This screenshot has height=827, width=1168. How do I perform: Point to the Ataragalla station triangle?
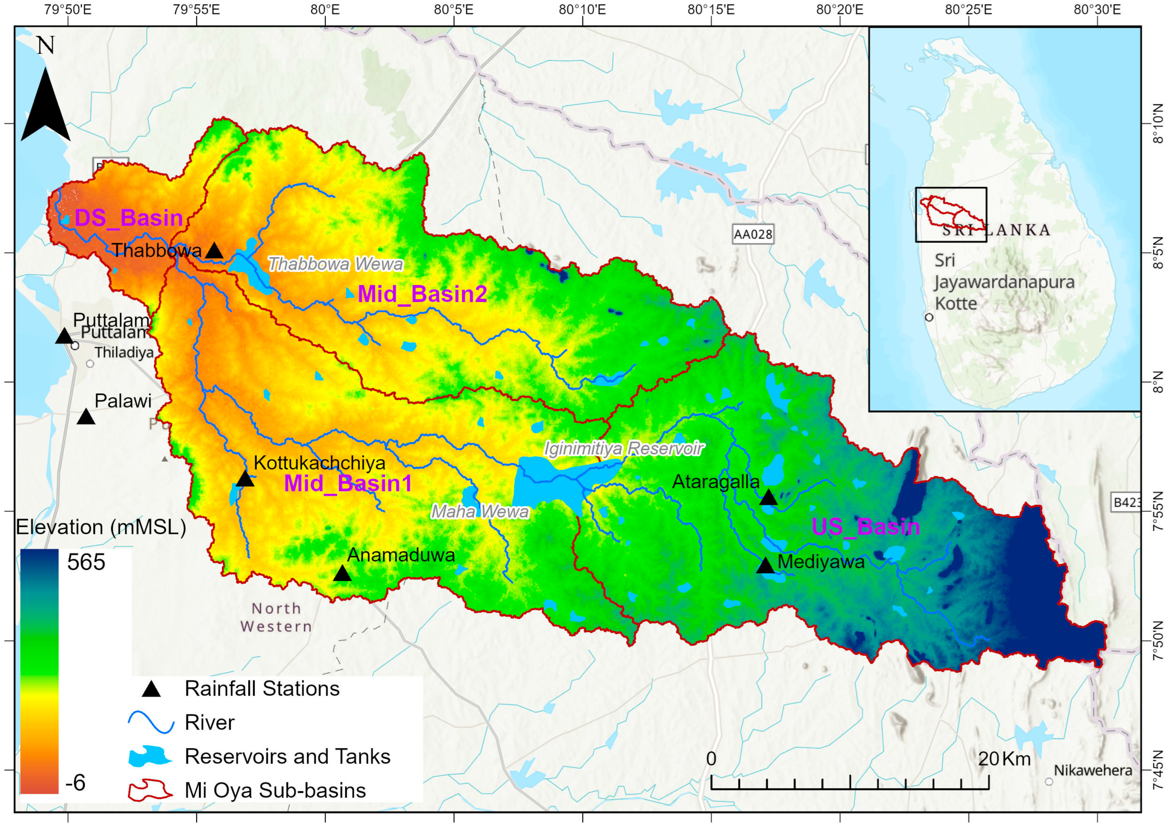tap(769, 498)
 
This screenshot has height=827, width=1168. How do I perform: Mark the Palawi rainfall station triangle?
tap(86, 417)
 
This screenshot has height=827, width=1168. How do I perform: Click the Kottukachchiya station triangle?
tap(245, 479)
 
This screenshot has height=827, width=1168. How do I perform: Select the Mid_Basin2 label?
tap(422, 294)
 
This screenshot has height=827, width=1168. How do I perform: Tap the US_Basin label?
tap(866, 527)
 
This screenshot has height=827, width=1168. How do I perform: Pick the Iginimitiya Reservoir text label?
tap(624, 449)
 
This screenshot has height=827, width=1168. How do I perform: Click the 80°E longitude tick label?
tap(325, 10)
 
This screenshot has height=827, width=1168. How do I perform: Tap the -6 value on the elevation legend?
tap(75, 782)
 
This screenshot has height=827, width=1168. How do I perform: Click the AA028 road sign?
tap(753, 235)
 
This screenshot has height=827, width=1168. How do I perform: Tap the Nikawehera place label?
tap(1093, 770)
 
